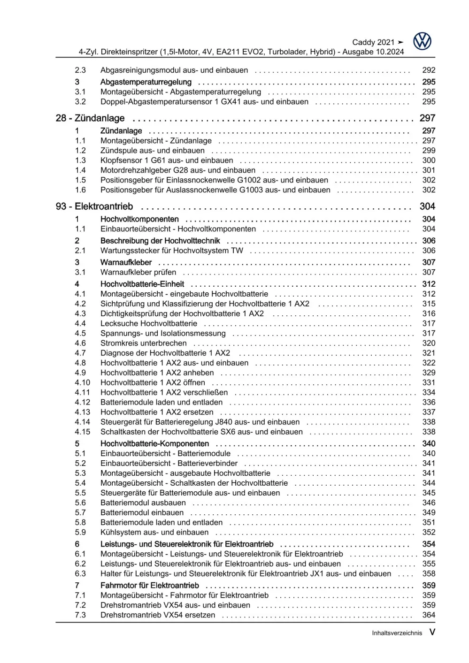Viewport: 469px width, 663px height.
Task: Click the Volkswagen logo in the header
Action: [422, 42]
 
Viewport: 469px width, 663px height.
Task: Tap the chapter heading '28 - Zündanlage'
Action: [90, 118]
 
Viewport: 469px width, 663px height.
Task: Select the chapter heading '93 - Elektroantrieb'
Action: [94, 206]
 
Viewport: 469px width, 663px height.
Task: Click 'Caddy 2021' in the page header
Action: [373, 42]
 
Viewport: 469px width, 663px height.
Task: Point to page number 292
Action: [429, 70]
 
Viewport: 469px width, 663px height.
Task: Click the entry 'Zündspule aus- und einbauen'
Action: [152, 151]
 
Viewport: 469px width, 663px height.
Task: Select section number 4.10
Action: [82, 382]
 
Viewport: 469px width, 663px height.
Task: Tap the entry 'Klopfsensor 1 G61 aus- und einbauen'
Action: [167, 160]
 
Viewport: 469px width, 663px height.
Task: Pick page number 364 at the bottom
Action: [429, 615]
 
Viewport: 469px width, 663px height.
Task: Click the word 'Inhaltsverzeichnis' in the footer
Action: [397, 633]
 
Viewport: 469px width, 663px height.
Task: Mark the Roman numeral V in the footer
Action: [432, 632]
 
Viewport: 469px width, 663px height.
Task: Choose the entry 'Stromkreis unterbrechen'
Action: [144, 343]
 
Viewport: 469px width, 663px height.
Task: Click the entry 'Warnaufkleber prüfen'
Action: [138, 272]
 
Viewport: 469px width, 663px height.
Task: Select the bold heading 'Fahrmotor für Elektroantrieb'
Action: [149, 585]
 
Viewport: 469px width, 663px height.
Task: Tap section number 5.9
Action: [80, 532]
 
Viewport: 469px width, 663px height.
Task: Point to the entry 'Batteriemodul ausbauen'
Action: [143, 503]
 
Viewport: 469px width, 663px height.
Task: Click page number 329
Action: [429, 373]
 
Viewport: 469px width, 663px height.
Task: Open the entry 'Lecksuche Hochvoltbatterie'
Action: [148, 323]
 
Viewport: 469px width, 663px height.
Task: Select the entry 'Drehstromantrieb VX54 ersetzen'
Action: [158, 615]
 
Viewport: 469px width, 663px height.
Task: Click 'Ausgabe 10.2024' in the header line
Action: [373, 52]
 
